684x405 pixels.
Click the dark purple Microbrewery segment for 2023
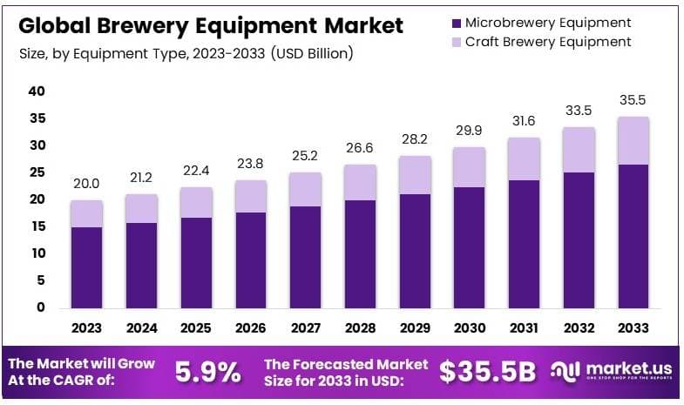[87, 267]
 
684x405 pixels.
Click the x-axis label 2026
[251, 329]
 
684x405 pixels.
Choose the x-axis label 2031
[525, 329]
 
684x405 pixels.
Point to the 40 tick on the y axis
[37, 91]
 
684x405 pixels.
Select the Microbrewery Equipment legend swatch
[458, 22]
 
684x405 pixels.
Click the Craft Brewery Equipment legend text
[548, 42]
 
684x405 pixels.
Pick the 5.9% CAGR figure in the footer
[208, 372]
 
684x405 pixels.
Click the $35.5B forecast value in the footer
[486, 372]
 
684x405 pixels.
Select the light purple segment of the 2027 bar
[306, 189]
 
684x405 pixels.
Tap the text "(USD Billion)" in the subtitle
[312, 54]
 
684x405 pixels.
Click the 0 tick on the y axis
[41, 307]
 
